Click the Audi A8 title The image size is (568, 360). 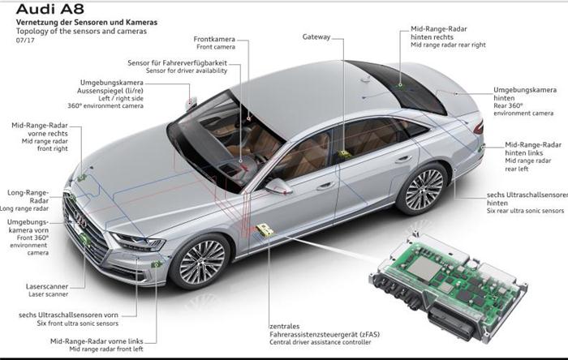point(49,9)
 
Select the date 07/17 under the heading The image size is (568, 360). point(25,41)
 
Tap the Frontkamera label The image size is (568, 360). point(214,39)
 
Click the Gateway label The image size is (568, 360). point(316,36)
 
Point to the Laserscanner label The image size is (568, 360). point(47,286)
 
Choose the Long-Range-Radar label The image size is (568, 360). point(28,196)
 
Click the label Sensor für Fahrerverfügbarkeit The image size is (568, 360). point(178,62)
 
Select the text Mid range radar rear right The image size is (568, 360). point(448,45)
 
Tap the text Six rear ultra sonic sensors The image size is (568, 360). point(525,210)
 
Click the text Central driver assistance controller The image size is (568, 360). point(321,342)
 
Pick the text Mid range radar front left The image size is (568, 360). point(106,349)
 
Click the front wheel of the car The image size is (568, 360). point(201,262)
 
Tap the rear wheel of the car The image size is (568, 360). point(423,189)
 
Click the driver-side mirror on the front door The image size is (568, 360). point(278,186)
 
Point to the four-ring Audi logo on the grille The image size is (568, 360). point(80,218)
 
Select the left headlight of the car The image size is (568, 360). point(139,241)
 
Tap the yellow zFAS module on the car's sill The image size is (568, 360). point(265,229)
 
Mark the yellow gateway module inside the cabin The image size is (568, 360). point(344,154)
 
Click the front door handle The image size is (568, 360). point(325,186)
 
